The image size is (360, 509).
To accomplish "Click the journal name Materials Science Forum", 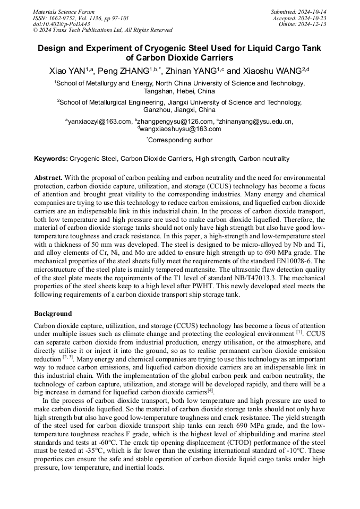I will (64, 12).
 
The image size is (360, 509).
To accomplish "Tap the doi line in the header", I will (61, 24).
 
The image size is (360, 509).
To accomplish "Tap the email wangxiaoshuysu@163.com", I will (179, 128).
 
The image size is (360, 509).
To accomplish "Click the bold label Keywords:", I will (51, 159).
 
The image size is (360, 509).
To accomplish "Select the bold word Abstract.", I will (48, 177).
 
